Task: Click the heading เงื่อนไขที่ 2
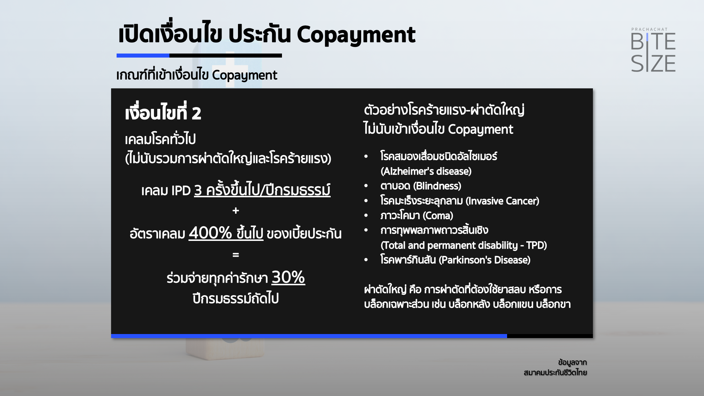point(163,112)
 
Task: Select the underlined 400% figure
point(210,233)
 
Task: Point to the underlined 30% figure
point(288,277)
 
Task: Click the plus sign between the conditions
point(236,210)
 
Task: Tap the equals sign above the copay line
point(236,254)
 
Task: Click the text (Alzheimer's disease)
point(426,171)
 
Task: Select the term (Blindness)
point(437,186)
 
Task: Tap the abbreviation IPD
point(181,191)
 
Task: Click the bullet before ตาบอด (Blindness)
point(366,186)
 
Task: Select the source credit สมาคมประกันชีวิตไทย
point(555,373)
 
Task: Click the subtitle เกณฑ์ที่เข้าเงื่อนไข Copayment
point(197,75)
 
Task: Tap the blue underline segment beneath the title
point(143,56)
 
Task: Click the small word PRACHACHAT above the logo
point(649,29)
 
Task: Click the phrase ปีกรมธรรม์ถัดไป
point(236,298)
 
